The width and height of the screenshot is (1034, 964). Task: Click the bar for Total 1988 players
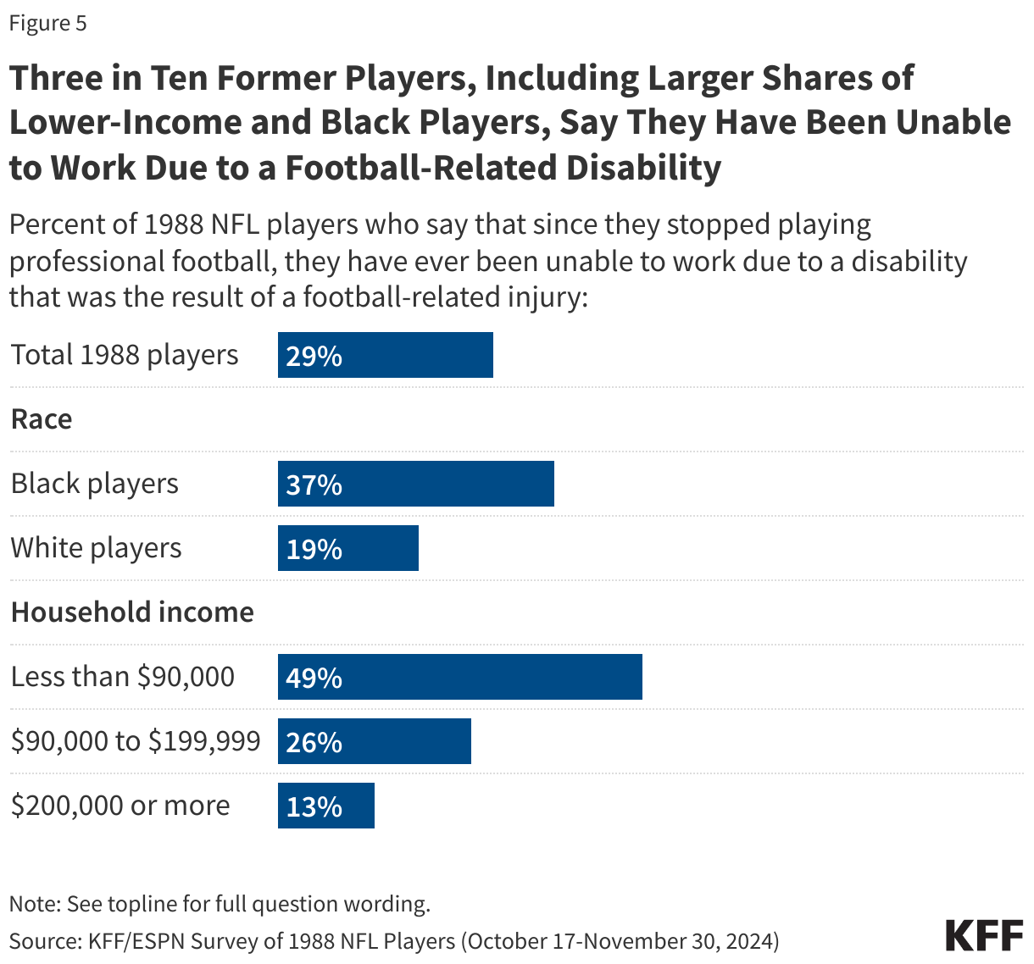(386, 355)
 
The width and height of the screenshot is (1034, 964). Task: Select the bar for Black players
(416, 484)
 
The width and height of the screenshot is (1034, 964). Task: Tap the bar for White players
(348, 548)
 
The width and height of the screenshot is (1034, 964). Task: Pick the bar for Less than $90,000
(460, 677)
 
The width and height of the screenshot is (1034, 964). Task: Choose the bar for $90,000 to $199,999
(375, 741)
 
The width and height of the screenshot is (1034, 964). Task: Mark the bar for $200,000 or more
(326, 806)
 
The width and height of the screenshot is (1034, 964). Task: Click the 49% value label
(314, 678)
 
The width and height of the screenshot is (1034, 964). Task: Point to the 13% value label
(314, 806)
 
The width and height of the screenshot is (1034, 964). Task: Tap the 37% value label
(314, 485)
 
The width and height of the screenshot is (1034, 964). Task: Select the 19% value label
(314, 549)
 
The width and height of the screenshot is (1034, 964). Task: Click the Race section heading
(42, 419)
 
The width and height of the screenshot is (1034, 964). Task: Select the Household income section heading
(132, 612)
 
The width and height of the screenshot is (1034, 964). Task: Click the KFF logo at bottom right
(984, 935)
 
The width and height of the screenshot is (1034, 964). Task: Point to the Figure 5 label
(47, 23)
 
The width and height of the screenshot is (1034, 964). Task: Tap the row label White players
(96, 548)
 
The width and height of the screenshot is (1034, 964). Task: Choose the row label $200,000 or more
(120, 806)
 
